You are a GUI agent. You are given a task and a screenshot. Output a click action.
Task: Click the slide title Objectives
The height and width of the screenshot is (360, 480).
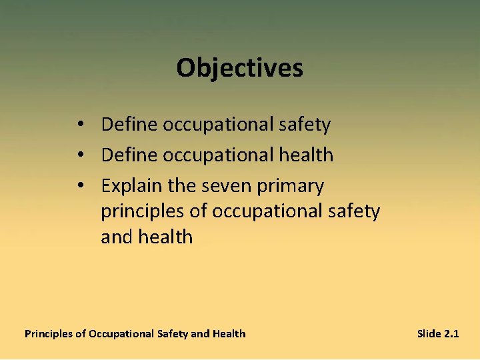[x=239, y=67]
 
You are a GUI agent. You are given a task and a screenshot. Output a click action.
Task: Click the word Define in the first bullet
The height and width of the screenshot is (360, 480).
[x=129, y=124]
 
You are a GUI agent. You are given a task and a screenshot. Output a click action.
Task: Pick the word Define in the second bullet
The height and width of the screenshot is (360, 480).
[x=129, y=155]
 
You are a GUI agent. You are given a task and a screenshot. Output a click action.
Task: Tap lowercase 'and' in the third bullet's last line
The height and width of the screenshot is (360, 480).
[x=116, y=237]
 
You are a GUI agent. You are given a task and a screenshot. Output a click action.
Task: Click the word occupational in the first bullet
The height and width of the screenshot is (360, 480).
[x=217, y=125]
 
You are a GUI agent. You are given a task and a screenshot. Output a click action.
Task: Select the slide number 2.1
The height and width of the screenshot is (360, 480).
[x=451, y=333]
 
